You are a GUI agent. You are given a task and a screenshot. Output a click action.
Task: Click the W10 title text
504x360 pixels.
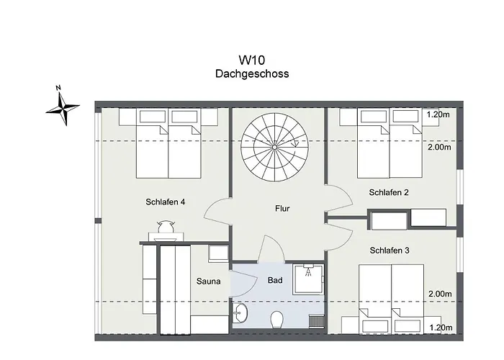252,60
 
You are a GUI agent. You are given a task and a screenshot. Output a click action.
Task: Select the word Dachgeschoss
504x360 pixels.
252,74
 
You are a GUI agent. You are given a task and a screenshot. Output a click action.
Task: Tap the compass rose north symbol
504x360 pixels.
63,107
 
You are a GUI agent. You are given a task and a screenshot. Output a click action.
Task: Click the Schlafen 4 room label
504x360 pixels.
165,202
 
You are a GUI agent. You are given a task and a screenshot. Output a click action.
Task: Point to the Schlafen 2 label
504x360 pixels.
389,192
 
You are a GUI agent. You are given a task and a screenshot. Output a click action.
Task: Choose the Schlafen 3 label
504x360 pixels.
390,251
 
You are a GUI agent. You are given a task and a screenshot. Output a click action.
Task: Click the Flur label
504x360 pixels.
282,209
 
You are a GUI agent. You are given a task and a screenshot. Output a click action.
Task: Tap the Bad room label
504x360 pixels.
275,280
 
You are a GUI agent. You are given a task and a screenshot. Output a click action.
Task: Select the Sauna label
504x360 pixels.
209,282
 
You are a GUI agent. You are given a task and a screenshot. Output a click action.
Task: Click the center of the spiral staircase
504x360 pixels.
274,147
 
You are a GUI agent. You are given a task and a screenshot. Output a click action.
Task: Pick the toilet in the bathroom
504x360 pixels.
276,320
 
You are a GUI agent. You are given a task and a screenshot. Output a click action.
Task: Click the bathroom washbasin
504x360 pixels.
240,312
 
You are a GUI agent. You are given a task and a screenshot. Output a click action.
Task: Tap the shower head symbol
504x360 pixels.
308,271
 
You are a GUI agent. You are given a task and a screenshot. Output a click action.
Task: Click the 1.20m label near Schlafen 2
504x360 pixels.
438,114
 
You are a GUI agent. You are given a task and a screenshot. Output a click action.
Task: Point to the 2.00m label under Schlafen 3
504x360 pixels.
440,294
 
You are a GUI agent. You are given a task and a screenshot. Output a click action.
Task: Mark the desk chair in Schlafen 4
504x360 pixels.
166,226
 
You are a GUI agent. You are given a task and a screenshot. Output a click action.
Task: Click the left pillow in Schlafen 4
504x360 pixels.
153,117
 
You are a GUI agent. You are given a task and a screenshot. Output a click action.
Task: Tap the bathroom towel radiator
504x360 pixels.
316,322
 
